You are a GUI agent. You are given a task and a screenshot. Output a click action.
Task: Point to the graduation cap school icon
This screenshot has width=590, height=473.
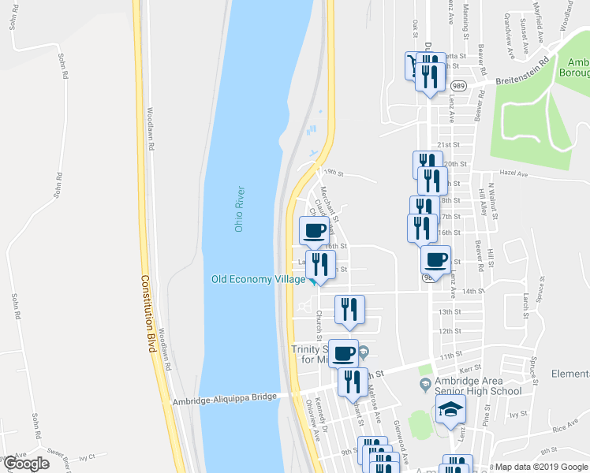click(x=450, y=409)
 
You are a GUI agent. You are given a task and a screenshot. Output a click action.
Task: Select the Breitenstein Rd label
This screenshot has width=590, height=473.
click(x=522, y=73)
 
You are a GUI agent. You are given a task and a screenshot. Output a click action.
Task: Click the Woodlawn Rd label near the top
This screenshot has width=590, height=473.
click(x=150, y=128)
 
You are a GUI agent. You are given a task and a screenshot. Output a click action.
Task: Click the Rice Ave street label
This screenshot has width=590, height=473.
click(x=566, y=427)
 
